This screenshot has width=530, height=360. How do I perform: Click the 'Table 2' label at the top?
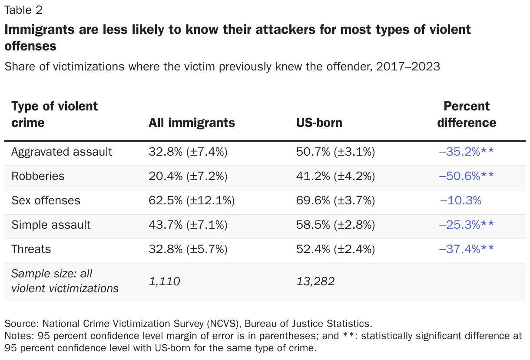point(23,10)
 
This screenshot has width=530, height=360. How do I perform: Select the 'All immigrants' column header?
point(192,123)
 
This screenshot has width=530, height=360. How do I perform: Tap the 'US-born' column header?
point(319,123)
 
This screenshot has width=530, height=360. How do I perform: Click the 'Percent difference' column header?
point(467,114)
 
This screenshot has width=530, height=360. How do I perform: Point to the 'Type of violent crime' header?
point(54,114)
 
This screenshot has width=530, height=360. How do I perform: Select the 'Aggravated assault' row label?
point(62,152)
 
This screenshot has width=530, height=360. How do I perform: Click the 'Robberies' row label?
point(38,176)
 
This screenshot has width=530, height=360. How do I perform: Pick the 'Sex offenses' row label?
point(46,200)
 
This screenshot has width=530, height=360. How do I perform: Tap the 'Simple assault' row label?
point(51,225)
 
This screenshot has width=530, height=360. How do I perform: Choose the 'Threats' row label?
point(31,249)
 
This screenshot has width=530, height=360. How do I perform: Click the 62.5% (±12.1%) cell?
point(192,200)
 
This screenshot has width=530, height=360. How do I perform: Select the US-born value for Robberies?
point(335,176)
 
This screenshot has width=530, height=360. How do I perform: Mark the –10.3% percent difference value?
point(460,200)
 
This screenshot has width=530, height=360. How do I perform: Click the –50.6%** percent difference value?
point(467,176)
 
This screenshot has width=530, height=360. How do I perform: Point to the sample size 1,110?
point(164,282)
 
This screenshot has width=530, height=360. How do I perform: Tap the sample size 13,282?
point(315,282)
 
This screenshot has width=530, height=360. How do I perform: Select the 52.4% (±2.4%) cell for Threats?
point(335,249)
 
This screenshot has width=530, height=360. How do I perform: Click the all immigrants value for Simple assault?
point(188,225)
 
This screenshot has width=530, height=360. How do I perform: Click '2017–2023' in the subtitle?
point(408,67)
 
